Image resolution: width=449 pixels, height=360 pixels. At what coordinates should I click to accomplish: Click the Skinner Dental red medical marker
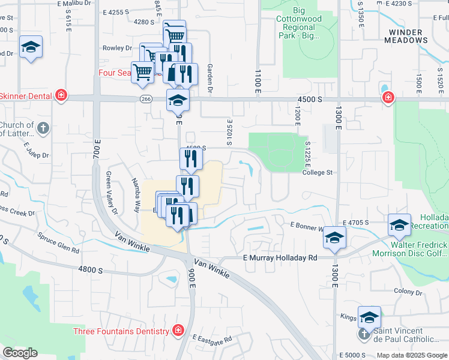click(61, 95)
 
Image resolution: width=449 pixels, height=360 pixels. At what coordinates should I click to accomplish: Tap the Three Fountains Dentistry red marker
click(178, 331)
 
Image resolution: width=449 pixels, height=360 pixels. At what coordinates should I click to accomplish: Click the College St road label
click(318, 173)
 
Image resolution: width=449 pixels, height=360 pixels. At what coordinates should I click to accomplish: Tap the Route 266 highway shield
click(146, 99)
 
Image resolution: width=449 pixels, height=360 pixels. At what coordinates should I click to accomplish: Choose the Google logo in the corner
click(20, 353)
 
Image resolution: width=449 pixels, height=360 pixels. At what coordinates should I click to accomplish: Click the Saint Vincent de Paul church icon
click(364, 332)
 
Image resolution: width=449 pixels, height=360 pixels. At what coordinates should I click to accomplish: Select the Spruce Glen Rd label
click(58, 242)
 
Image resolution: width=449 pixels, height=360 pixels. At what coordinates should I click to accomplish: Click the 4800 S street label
click(90, 270)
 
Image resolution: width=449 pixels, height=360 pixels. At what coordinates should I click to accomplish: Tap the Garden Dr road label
click(210, 79)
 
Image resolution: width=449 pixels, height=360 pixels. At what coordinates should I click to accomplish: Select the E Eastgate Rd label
click(212, 340)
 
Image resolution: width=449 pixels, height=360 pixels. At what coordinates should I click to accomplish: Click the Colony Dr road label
click(408, 292)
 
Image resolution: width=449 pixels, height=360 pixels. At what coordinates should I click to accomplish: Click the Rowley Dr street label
click(117, 48)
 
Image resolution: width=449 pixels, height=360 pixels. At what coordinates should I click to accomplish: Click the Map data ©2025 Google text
click(411, 355)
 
